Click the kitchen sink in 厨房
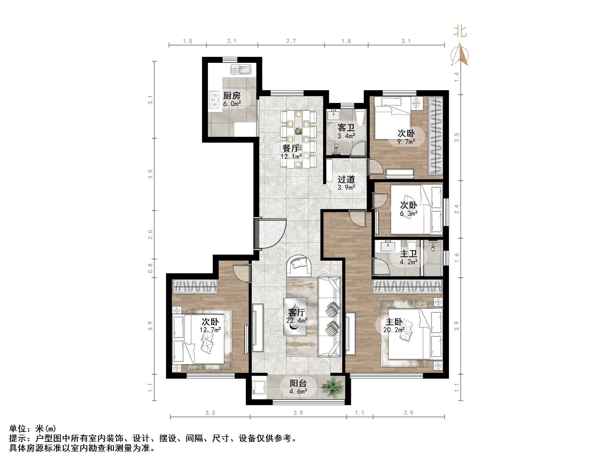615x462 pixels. coord(241,69)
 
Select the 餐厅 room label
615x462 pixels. coord(291,148)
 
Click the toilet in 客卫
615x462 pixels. coord(360,118)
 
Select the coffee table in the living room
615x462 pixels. coord(295,317)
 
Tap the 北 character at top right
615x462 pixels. coord(460,31)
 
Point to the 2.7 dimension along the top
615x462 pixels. coord(291,41)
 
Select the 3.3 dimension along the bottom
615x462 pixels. coord(210,413)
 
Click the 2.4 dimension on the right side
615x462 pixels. coord(456,209)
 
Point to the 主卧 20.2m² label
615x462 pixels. coord(394,325)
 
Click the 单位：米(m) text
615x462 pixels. coord(33,428)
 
